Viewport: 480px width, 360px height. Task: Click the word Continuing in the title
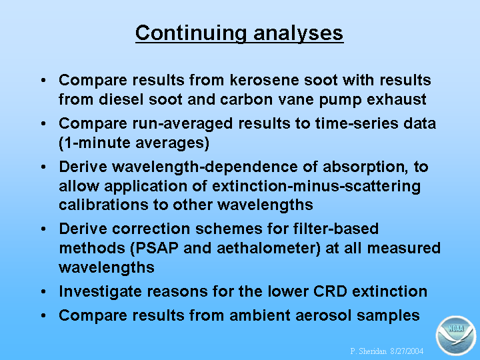pos(191,33)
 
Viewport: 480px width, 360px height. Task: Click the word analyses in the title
pos(299,33)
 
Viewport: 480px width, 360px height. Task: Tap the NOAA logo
pos(456,335)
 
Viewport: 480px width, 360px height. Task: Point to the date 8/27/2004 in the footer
pos(407,351)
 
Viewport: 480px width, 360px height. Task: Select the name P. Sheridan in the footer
pos(368,351)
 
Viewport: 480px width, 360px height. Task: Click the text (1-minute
pos(94,143)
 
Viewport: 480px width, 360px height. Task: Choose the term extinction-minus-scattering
pos(316,187)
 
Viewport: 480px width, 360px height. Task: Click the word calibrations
pos(103,205)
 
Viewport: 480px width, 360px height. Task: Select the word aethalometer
pos(269,248)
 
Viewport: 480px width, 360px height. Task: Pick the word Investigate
pos(101,292)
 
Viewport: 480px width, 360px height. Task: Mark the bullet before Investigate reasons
pos(43,291)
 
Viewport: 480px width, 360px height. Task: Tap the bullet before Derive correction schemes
pos(43,229)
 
